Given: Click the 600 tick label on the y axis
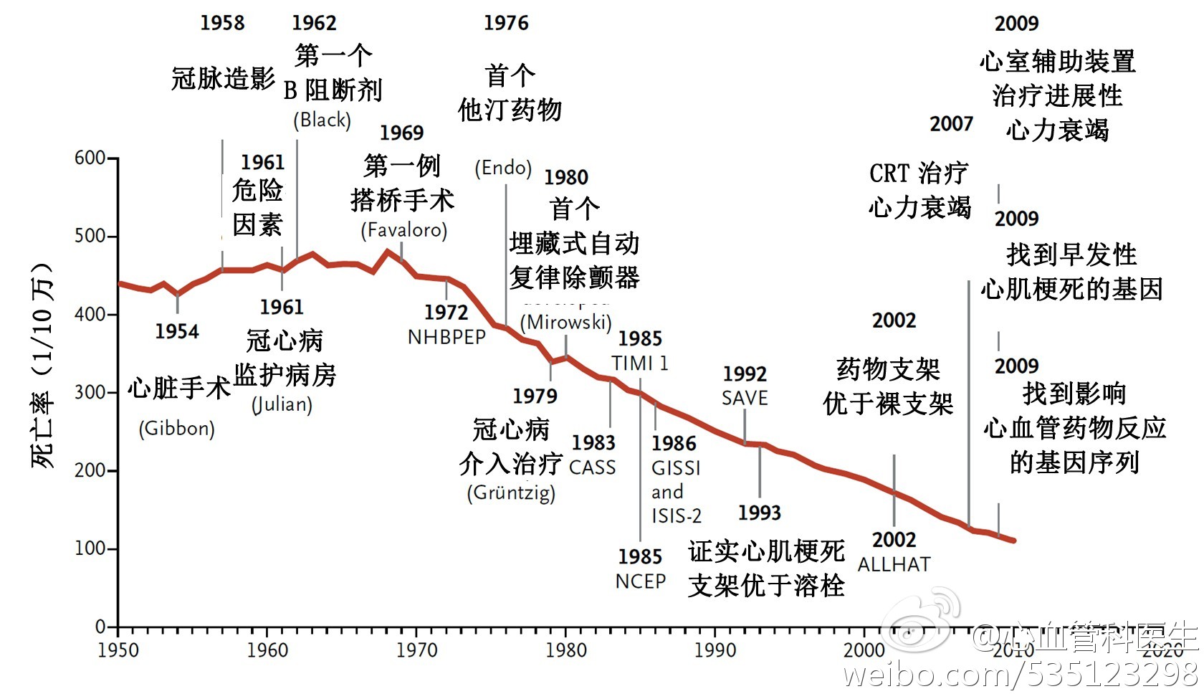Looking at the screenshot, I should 90,158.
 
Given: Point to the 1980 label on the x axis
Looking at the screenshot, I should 565,650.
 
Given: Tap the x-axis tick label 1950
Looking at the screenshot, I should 118,650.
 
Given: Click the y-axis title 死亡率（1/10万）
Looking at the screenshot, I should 42,366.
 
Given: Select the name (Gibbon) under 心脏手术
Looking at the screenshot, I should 176,429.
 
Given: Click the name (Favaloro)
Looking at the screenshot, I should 404,230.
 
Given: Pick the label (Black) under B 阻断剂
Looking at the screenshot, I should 322,120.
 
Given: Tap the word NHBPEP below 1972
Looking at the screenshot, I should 446,337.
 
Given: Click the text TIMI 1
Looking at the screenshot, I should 640,363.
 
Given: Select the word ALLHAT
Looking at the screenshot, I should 894,565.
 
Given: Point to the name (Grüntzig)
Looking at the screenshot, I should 511,493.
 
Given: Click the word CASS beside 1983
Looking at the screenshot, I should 593,467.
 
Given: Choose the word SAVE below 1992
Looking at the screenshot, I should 745,398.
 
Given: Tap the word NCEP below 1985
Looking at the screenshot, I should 641,581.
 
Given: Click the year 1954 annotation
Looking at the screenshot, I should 177,331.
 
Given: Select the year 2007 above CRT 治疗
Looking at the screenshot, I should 952,124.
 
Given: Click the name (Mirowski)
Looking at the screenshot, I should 566,322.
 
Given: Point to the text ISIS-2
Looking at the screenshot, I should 676,515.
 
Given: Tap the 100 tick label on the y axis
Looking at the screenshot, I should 90,548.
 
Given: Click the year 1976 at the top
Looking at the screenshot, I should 506,23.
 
